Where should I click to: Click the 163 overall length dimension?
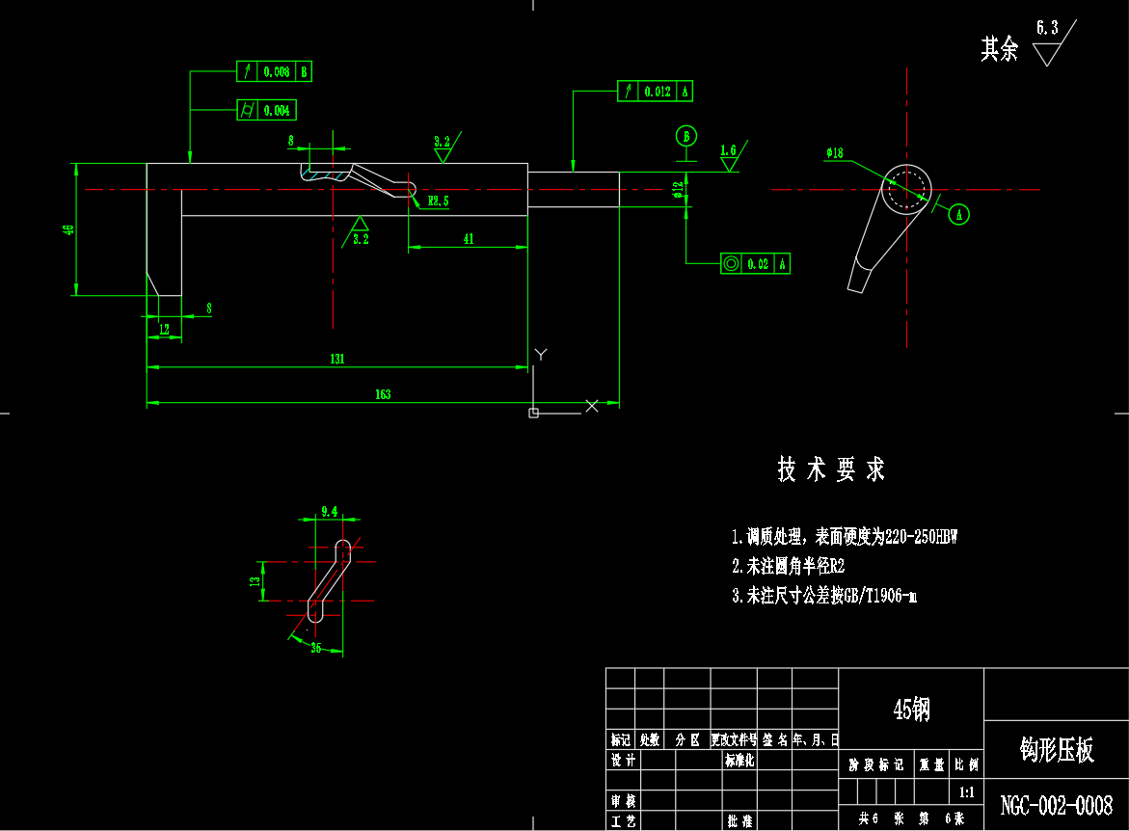click(x=383, y=394)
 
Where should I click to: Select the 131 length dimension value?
click(x=337, y=359)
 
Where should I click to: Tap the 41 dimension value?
click(x=469, y=239)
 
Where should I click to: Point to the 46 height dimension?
click(x=67, y=229)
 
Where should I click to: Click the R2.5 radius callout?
click(x=439, y=201)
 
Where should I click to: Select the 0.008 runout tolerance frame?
click(x=275, y=71)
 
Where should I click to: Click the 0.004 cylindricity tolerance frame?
click(x=267, y=111)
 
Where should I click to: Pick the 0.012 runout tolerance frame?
click(x=656, y=92)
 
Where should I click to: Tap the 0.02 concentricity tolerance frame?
click(x=756, y=263)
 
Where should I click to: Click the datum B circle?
click(x=686, y=136)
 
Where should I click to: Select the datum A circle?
click(x=959, y=214)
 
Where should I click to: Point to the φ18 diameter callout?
click(x=834, y=152)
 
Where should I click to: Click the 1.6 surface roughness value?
click(x=728, y=150)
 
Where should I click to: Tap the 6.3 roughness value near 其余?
click(x=1046, y=28)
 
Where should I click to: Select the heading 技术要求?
click(x=831, y=470)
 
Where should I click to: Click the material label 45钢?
click(x=911, y=710)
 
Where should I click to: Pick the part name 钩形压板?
click(x=1057, y=751)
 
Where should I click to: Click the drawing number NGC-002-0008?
click(x=1057, y=805)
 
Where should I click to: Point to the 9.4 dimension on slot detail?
click(x=329, y=511)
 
